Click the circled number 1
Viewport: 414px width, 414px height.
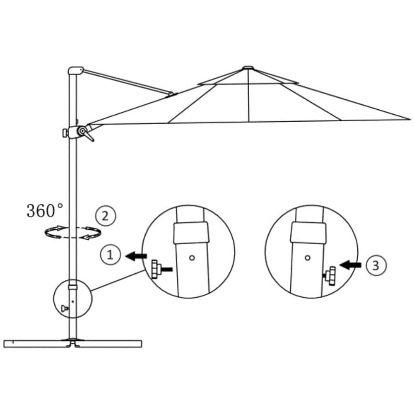[x=111, y=255]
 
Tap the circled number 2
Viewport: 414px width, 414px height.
[x=106, y=216]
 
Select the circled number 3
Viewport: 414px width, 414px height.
[x=376, y=265]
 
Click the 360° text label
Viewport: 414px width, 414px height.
[x=45, y=210]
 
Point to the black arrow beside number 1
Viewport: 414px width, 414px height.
[x=136, y=256]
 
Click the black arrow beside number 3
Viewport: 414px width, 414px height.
[x=350, y=265]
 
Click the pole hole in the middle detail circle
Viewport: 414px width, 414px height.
[x=192, y=258]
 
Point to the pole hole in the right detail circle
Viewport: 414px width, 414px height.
[x=307, y=258]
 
